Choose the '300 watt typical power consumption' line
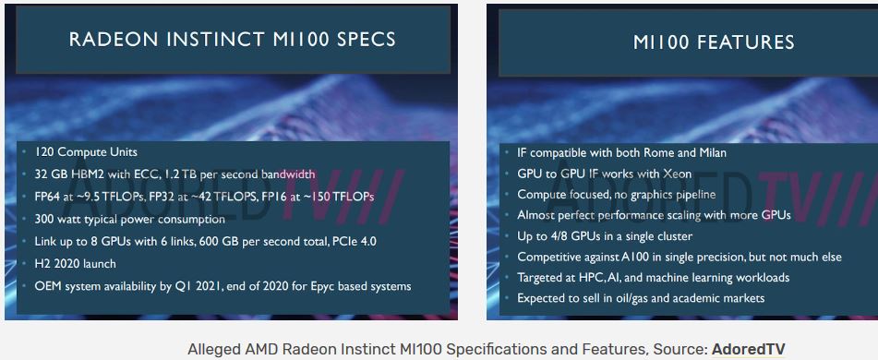pos(129,219)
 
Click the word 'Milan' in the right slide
pos(708,152)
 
